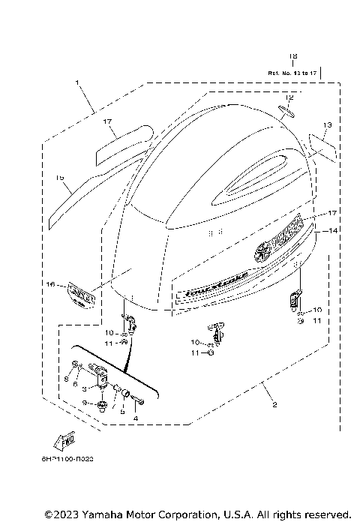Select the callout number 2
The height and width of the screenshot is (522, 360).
tap(274, 406)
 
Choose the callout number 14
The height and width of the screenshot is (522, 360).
tap(334, 231)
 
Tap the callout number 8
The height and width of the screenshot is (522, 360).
tap(66, 380)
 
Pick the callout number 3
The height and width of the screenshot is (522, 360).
tap(85, 388)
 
